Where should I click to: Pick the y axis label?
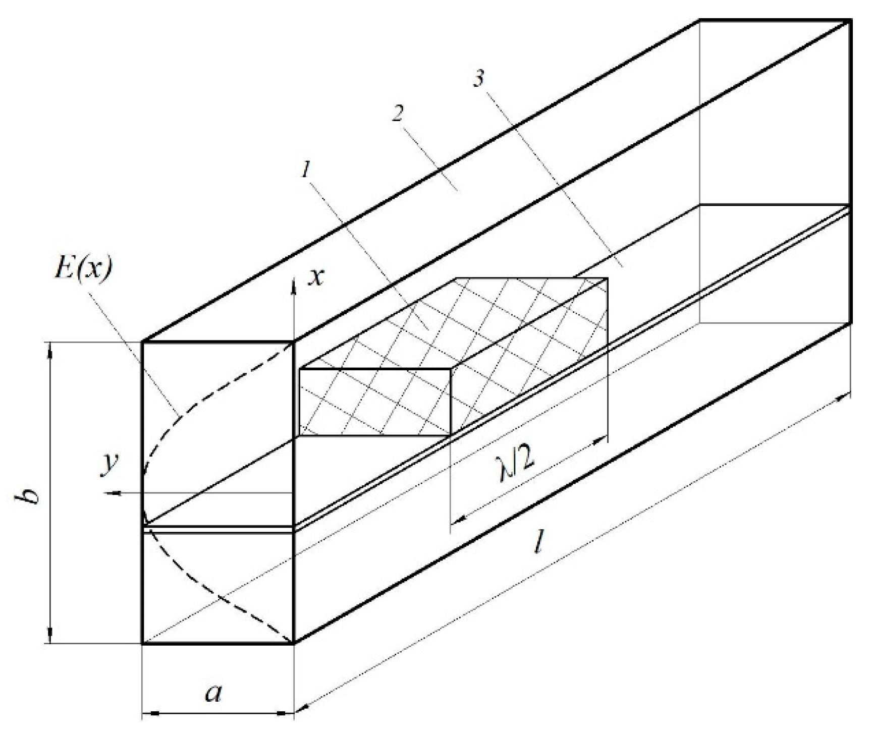(x=108, y=465)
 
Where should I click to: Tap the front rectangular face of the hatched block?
(x=375, y=402)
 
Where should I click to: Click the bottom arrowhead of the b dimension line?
(x=50, y=635)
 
